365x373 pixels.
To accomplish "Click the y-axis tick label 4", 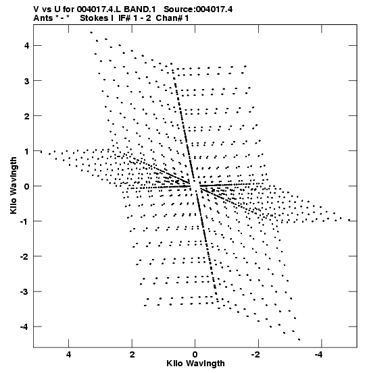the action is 27,45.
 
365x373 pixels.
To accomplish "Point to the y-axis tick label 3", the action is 27,81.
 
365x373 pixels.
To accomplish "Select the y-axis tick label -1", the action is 24,221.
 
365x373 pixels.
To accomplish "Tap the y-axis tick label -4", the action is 24,327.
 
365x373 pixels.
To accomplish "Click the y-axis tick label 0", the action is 27,186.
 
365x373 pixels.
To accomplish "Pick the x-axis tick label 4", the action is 69,355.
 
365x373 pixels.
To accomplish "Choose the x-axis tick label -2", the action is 256,355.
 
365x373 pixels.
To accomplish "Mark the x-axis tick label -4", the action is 319,355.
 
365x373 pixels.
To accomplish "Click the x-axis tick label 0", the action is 195,355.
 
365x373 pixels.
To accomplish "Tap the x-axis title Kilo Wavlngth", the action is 195,364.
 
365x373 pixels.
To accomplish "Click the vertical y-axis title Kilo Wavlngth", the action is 14,185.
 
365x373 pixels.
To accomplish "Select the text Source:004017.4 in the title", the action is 198,9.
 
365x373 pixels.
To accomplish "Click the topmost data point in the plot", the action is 91,32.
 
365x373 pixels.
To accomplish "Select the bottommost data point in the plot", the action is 299,340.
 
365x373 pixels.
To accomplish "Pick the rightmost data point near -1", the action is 349,220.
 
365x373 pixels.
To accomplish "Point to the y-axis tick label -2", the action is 24,257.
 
